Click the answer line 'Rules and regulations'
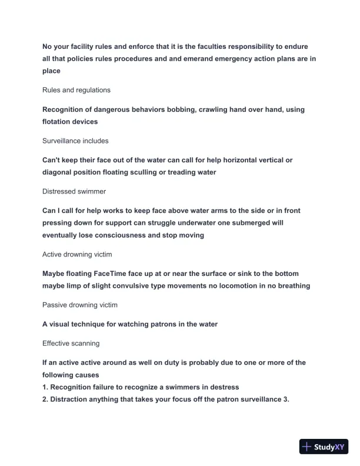coord(76,90)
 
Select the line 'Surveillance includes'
coord(75,141)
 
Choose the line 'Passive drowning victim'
coord(80,305)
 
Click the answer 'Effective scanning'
coord(71,343)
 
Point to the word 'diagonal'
coord(59,172)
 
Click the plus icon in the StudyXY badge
coord(306,447)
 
